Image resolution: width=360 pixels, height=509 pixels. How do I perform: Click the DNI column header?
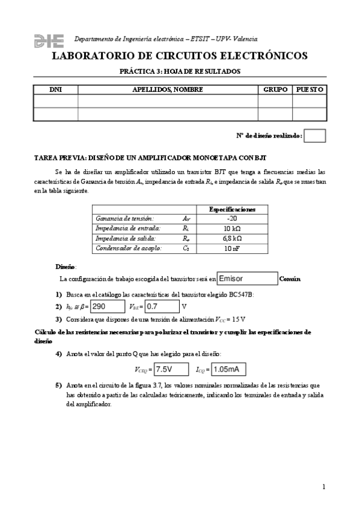(55, 89)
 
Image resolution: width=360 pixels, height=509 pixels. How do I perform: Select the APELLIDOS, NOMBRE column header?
(168, 89)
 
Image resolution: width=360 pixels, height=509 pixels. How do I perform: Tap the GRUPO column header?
(275, 89)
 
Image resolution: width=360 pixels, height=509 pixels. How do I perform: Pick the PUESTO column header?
(310, 89)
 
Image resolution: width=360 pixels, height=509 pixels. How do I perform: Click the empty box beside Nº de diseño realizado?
(315, 136)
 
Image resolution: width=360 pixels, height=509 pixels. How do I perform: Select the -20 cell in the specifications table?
(232, 219)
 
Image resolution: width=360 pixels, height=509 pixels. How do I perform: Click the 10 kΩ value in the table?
(232, 229)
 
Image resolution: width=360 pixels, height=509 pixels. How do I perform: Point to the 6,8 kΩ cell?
(232, 238)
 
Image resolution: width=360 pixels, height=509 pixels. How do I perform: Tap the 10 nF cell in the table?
(232, 248)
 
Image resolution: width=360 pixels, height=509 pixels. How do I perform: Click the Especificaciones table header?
(232, 209)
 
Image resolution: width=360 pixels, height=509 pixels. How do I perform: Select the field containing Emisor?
(246, 279)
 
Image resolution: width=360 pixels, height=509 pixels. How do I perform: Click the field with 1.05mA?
(228, 369)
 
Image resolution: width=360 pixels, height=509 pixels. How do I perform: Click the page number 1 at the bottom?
(323, 486)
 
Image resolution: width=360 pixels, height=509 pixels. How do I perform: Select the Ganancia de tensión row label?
(124, 219)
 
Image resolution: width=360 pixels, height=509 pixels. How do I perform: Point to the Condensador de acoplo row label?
(128, 248)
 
